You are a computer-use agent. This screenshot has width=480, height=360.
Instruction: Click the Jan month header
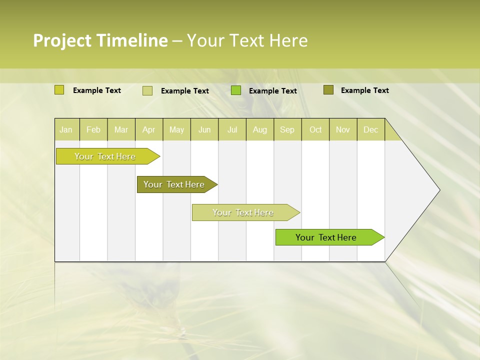[66, 129]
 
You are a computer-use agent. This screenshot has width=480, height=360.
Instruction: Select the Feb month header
[93, 129]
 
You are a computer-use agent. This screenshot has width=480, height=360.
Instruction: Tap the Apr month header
[148, 129]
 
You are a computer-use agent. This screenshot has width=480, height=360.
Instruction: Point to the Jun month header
[204, 129]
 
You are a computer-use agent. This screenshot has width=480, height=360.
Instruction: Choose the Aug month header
[259, 129]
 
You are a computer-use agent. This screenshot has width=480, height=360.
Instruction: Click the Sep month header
[287, 129]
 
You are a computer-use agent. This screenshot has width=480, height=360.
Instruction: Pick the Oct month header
[315, 129]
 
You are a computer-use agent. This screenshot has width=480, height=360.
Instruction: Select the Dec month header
[370, 129]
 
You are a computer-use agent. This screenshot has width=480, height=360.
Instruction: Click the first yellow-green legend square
[59, 90]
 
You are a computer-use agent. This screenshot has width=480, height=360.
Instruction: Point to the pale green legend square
[147, 90]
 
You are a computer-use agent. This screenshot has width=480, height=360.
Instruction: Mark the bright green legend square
[236, 90]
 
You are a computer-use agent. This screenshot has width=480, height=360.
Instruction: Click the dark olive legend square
[328, 90]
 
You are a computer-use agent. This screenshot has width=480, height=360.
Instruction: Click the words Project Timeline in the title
[100, 40]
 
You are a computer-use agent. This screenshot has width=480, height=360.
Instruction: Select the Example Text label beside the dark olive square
[364, 90]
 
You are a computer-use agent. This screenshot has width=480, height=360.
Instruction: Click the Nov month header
[342, 129]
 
